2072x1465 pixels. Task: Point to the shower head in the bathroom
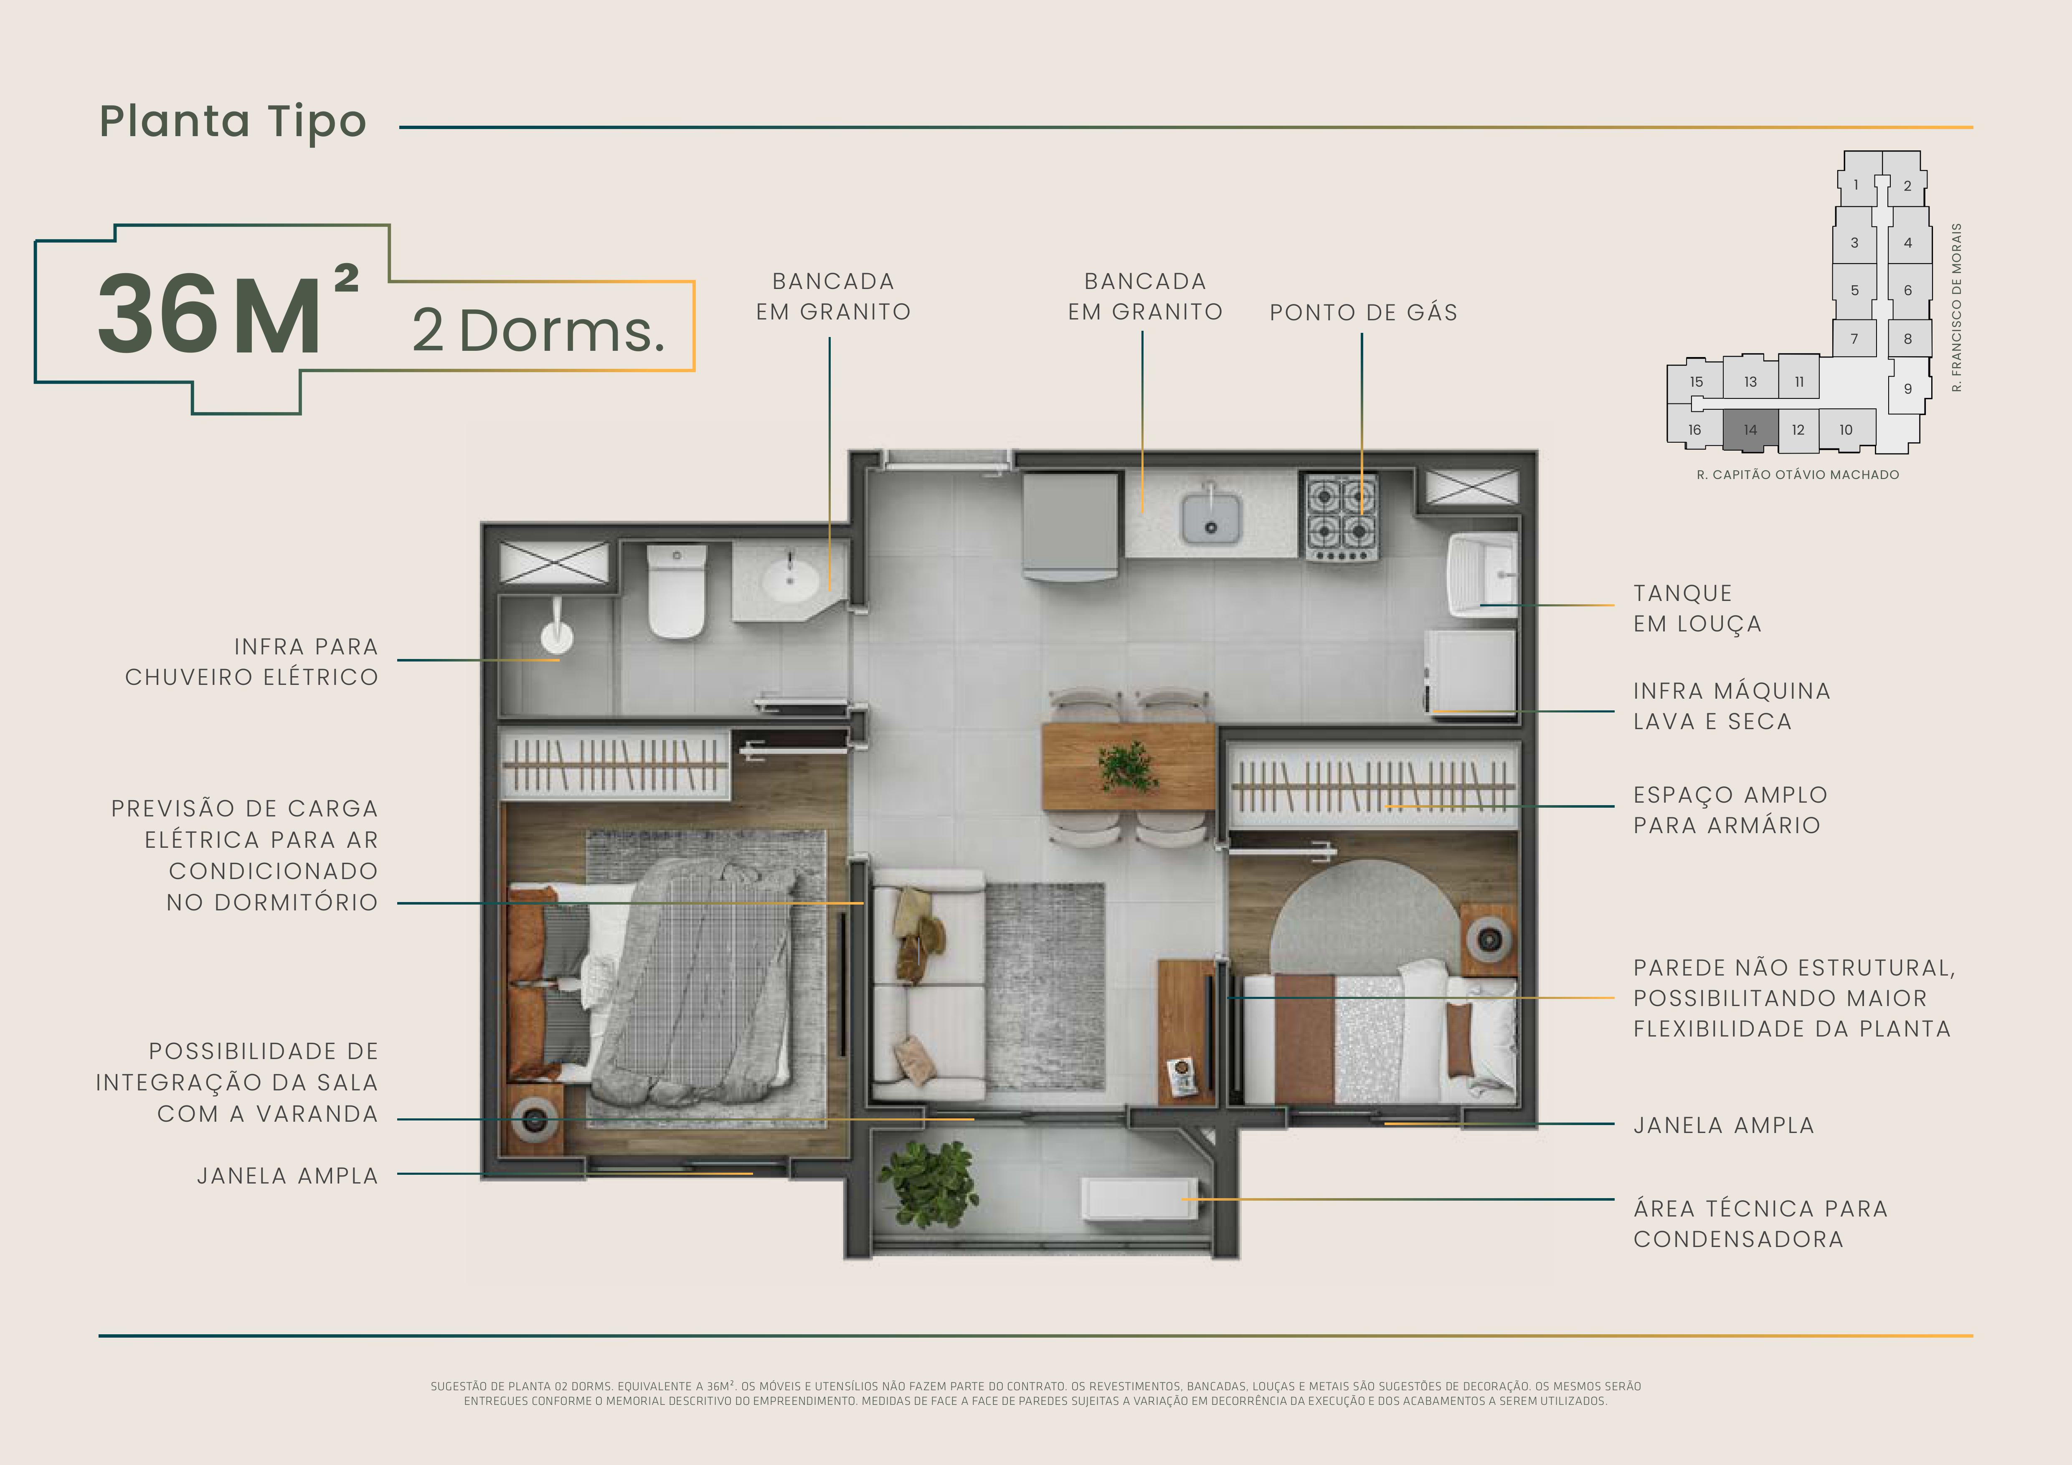pyautogui.click(x=557, y=631)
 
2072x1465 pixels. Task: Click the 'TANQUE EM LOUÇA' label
pyautogui.click(x=1697, y=608)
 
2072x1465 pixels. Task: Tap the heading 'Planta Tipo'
pyautogui.click(x=233, y=122)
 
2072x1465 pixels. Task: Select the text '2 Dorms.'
pyautogui.click(x=539, y=330)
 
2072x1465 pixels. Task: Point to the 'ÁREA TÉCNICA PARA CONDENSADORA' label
pyautogui.click(x=1760, y=1223)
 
